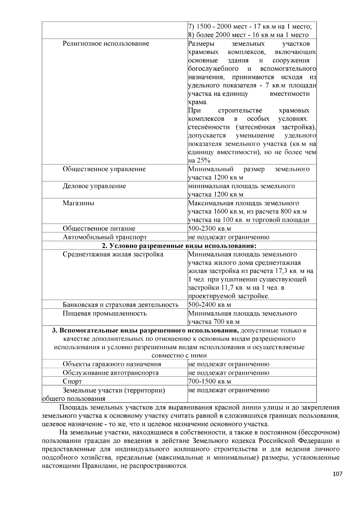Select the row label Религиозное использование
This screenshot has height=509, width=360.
[x=106, y=44]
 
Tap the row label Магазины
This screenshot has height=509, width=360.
[x=78, y=203]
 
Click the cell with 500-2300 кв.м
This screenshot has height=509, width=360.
[x=209, y=229]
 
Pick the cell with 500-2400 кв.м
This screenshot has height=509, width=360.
[x=209, y=305]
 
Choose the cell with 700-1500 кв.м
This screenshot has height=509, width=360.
[x=209, y=381]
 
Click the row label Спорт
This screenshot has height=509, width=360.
[x=72, y=381]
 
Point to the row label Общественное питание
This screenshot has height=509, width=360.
[x=99, y=229]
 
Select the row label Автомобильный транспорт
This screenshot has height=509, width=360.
[x=105, y=237]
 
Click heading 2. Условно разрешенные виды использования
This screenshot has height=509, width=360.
[x=179, y=246]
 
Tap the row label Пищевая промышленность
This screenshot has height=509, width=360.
[x=104, y=314]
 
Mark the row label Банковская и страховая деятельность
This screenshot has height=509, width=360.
[x=121, y=305]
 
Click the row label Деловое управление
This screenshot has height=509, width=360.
[x=94, y=186]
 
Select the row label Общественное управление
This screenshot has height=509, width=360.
[x=104, y=169]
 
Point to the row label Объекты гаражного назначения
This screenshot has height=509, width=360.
[x=112, y=364]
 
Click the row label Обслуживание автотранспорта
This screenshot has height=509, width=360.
[x=110, y=373]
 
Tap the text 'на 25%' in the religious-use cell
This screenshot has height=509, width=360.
[x=199, y=160]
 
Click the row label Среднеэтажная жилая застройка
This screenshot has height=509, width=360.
[x=113, y=255]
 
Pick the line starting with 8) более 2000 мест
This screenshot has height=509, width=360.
[x=248, y=35]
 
